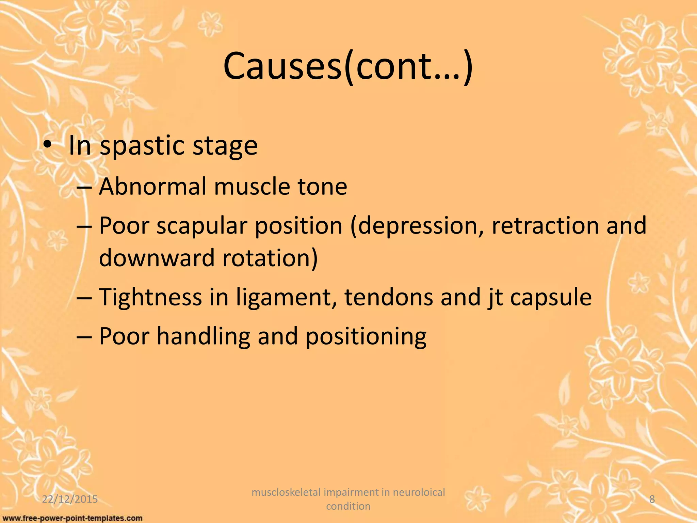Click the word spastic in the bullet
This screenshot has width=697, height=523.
(x=142, y=146)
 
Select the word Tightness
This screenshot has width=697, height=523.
(x=150, y=297)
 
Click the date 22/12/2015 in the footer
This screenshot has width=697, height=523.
(x=70, y=499)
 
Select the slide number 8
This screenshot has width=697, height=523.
(x=652, y=499)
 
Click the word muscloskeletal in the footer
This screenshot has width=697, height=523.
(x=286, y=492)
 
